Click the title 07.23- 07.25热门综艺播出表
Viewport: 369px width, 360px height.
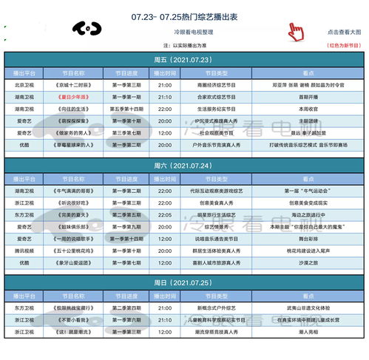(x=185, y=14)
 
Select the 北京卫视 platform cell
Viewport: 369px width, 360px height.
(x=25, y=85)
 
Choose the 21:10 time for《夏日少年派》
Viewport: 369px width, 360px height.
(x=164, y=97)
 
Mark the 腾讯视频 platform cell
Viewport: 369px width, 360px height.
(x=25, y=251)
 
